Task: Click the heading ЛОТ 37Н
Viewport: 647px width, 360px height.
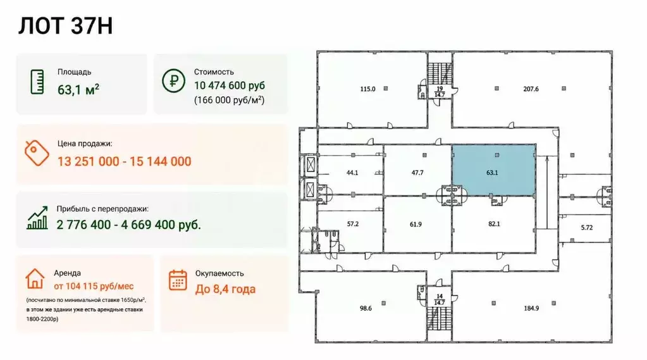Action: [65, 26]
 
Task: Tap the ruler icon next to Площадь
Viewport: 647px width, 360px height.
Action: [37, 82]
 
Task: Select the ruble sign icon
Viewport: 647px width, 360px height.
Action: [174, 80]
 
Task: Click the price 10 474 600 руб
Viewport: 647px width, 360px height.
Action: [230, 85]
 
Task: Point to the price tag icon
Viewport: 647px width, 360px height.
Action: [36, 152]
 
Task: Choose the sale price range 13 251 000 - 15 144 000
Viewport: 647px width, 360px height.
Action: [124, 161]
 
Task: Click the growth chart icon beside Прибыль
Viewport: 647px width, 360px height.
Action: [37, 218]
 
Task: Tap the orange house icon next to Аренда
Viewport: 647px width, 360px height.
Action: [35, 278]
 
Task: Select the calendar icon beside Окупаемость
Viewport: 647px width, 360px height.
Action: [178, 280]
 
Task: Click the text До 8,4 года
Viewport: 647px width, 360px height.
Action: [225, 289]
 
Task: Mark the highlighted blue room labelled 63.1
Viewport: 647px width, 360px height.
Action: [494, 170]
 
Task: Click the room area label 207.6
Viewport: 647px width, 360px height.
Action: [531, 89]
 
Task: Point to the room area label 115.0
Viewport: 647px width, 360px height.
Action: [367, 89]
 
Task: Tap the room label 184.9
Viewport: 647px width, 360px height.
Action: [531, 308]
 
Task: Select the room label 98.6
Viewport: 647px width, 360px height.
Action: [366, 308]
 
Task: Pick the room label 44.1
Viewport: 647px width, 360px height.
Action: [352, 173]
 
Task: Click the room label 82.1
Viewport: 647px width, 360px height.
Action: [494, 224]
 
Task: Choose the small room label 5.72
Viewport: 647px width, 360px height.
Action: [587, 228]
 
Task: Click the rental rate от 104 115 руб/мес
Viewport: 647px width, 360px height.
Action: [94, 286]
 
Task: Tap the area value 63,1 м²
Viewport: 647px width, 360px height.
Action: [78, 89]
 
